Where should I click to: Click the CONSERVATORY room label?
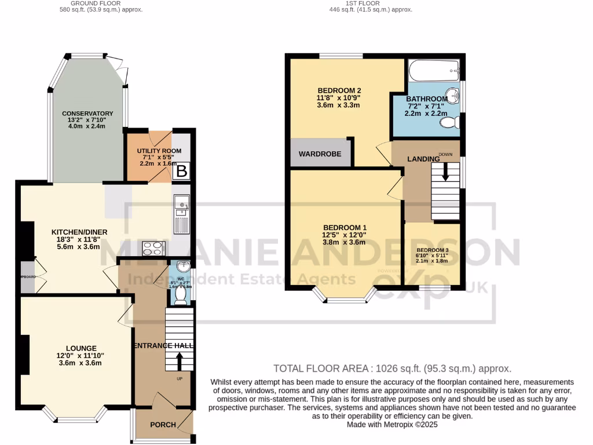click(87, 113)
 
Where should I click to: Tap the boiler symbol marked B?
click(181, 171)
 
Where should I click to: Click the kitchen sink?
click(181, 203)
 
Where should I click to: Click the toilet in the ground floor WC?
click(180, 296)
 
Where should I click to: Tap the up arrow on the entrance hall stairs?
click(179, 361)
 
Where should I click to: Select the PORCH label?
click(163, 425)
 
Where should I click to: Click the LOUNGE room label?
click(80, 348)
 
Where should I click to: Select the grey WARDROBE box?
click(320, 154)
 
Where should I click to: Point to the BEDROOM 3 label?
click(433, 250)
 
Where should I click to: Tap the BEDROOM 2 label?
click(339, 90)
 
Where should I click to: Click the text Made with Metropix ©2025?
click(393, 425)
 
